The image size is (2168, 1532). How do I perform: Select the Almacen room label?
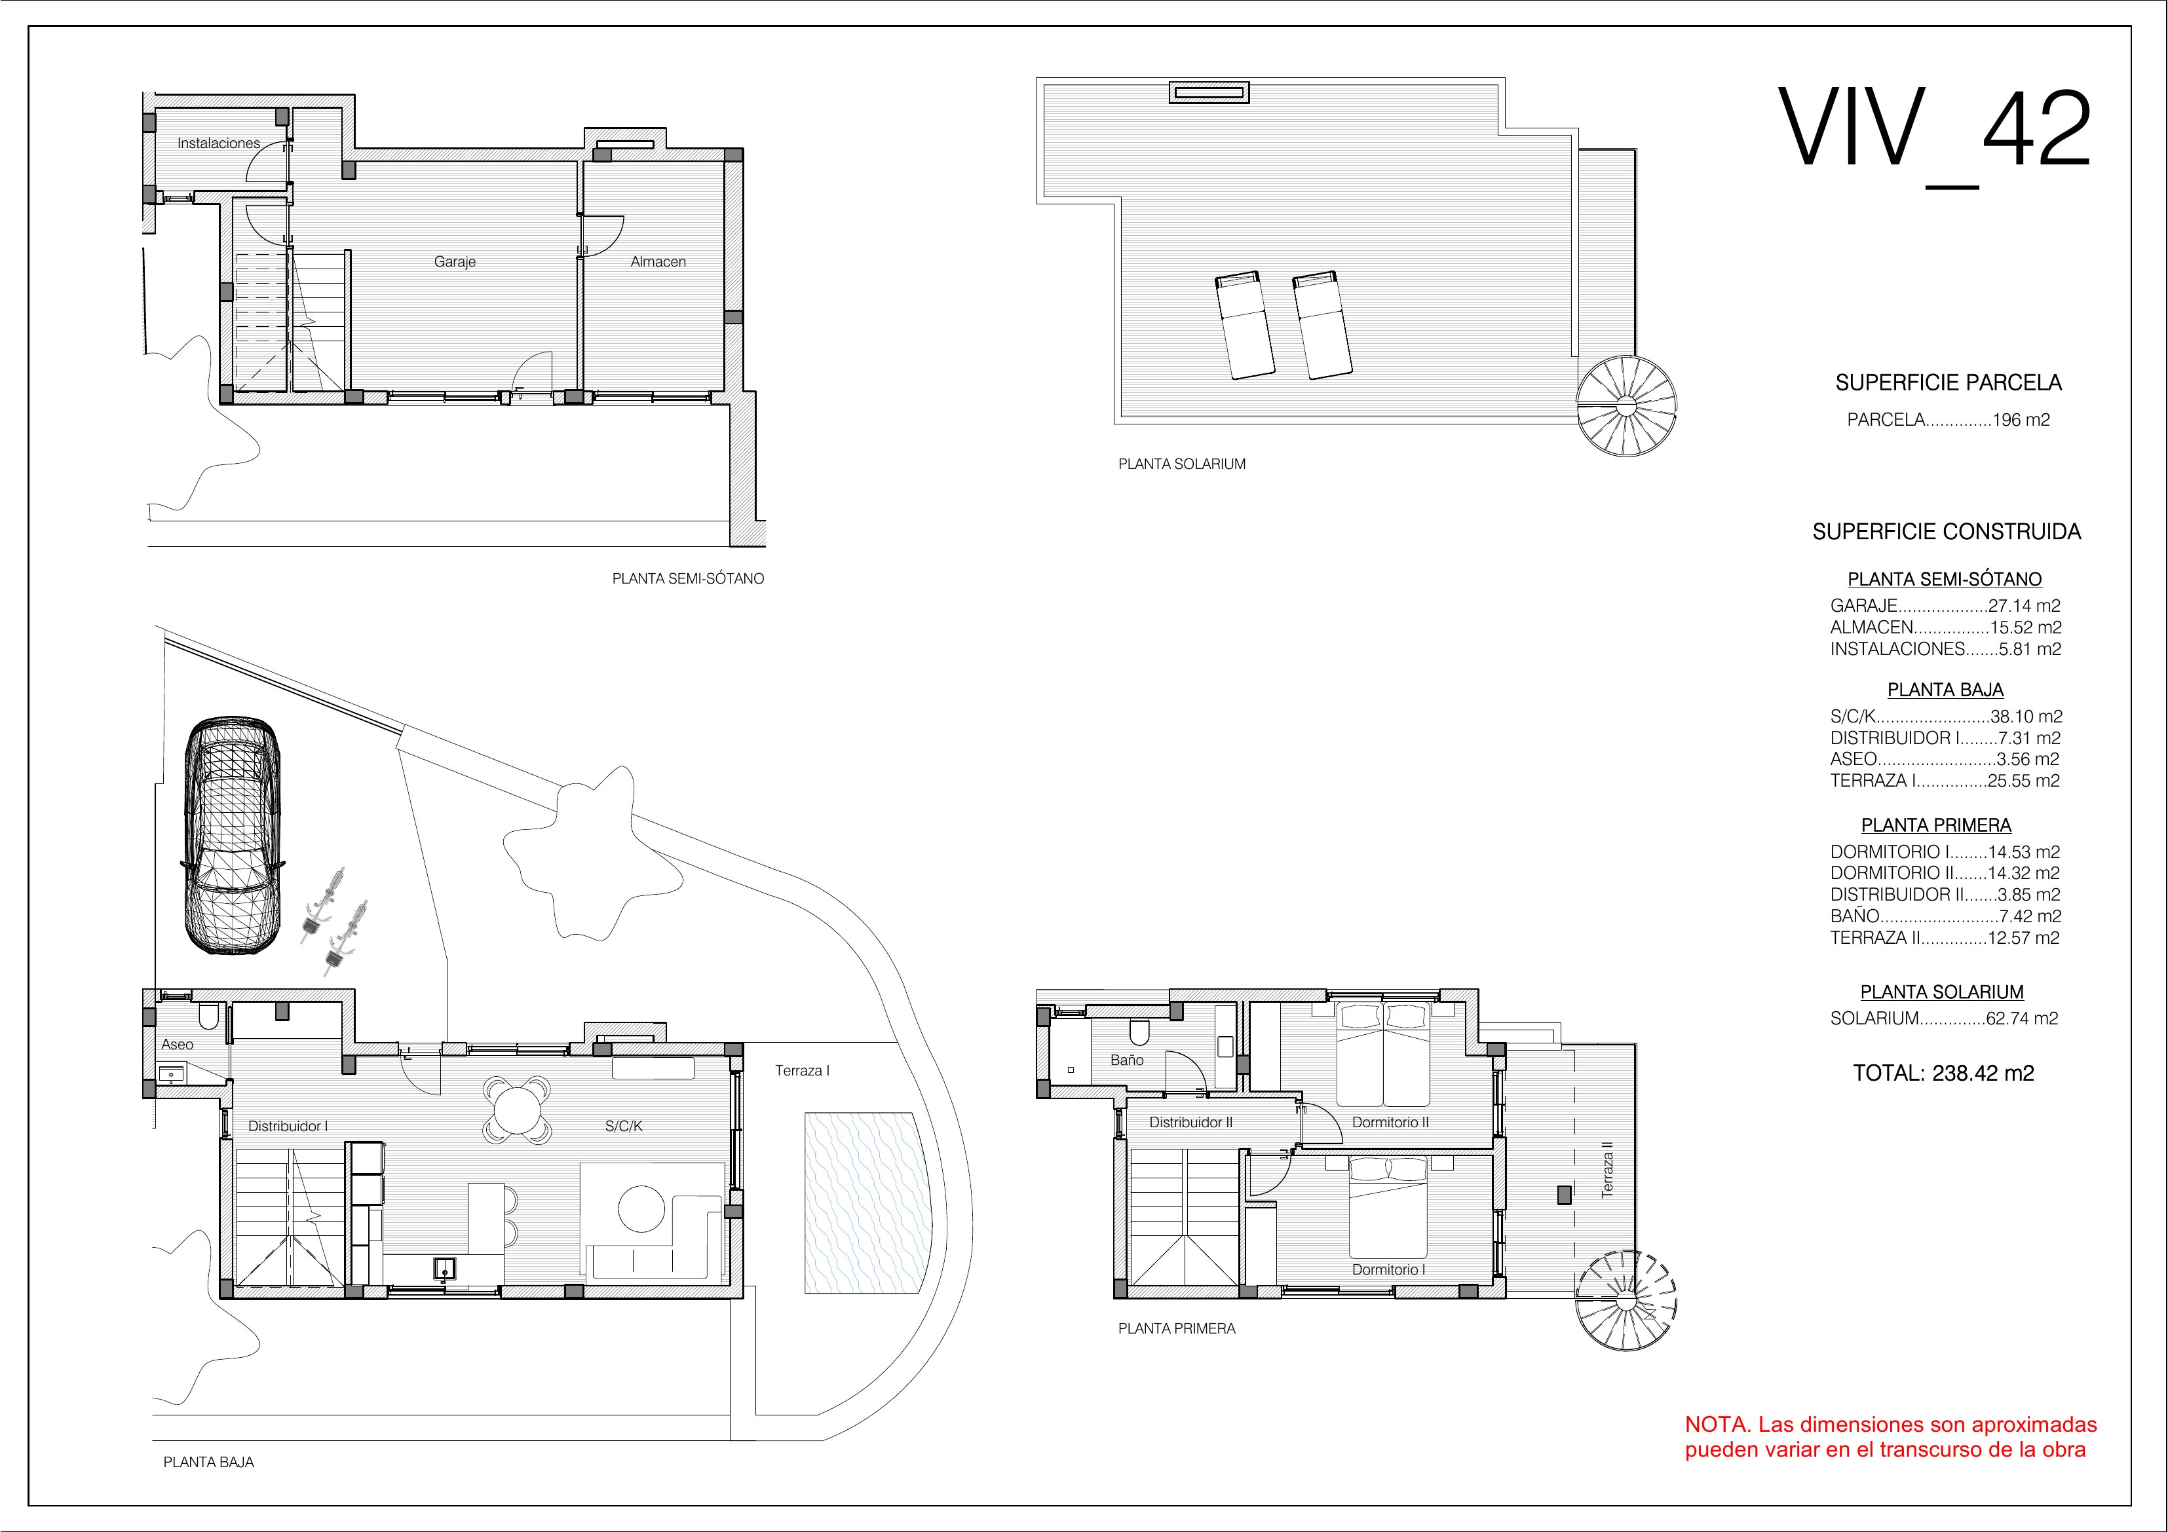[658, 261]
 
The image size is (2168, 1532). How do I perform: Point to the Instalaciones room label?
[218, 143]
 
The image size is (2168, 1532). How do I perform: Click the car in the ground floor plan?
[233, 836]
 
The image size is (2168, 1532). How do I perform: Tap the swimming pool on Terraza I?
[862, 1203]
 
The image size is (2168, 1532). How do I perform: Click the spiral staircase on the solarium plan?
[1627, 407]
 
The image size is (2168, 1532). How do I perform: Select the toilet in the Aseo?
[210, 1016]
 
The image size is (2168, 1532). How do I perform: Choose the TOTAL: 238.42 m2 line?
[1943, 1074]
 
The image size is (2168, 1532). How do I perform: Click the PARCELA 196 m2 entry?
[1948, 420]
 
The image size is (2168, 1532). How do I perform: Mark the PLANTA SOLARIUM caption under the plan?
[1181, 464]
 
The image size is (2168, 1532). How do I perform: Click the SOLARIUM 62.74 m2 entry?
[1943, 1018]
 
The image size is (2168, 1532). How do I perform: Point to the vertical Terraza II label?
[1607, 1170]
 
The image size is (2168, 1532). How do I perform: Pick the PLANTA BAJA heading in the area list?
[1945, 690]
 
